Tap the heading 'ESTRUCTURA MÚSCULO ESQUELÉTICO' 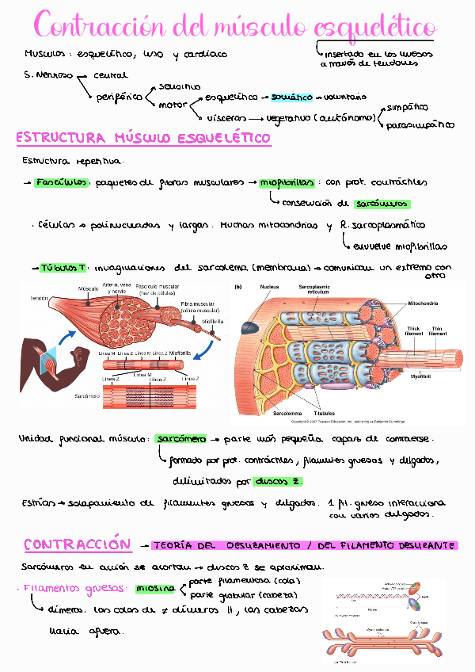point(143,138)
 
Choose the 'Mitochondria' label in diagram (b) point(426,303)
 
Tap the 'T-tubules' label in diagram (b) point(324,414)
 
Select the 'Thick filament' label point(414,331)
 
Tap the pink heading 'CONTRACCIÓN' point(76,544)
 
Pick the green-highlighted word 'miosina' point(154,589)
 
